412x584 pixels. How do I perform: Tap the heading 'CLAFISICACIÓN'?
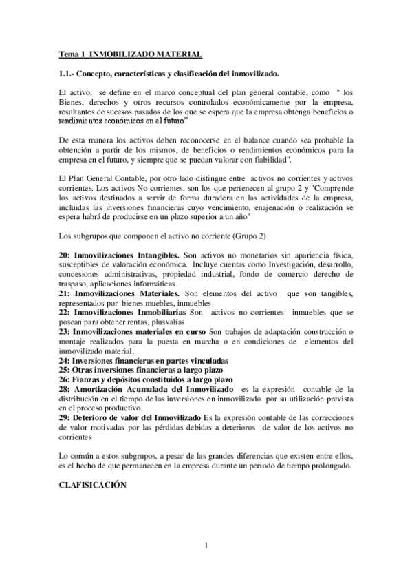pyautogui.click(x=93, y=484)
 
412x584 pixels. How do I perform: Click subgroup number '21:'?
pyautogui.click(x=64, y=293)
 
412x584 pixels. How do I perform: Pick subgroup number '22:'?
pyautogui.click(x=64, y=313)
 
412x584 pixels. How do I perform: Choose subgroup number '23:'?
pyautogui.click(x=64, y=332)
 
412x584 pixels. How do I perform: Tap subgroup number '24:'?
pyautogui.click(x=64, y=360)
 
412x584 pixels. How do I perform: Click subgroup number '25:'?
pyautogui.click(x=64, y=370)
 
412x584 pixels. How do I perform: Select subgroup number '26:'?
pyautogui.click(x=64, y=379)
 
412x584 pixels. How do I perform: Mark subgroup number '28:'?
pyautogui.click(x=64, y=389)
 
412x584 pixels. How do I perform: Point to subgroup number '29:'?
pyautogui.click(x=64, y=418)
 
